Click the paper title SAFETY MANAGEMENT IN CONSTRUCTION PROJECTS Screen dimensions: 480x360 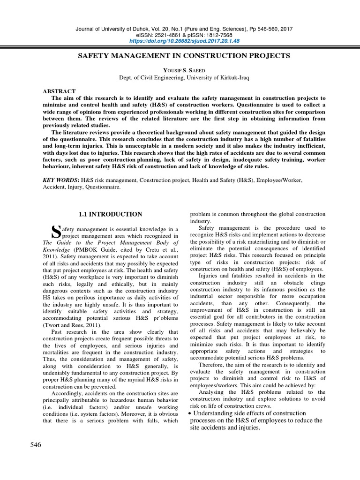click(183, 56)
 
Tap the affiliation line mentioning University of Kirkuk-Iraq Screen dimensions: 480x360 click(183, 77)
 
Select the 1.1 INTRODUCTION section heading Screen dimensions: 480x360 click(111, 214)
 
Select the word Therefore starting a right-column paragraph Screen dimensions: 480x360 click(212, 364)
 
